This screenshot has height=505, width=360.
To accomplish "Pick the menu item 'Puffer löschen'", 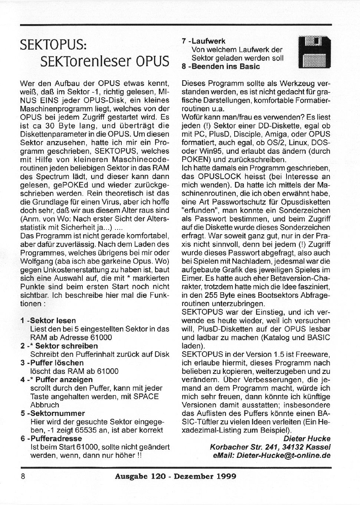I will click(57, 362).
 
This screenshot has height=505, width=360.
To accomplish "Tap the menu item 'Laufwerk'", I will click(208, 41).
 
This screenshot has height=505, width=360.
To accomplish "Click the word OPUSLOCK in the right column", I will click(216, 177).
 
